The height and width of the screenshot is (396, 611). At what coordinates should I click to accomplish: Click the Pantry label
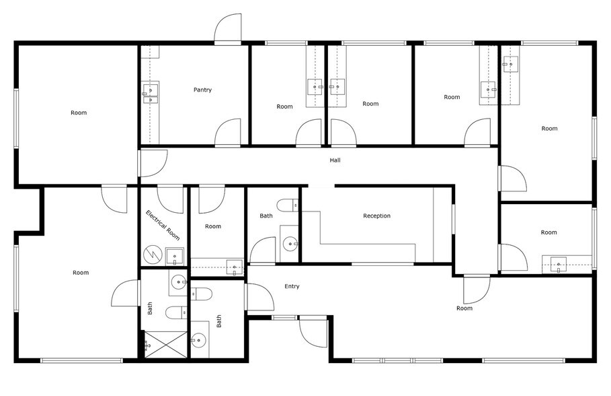202,90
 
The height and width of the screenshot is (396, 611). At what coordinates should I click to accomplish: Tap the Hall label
335,160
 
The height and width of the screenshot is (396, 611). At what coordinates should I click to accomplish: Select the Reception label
376,216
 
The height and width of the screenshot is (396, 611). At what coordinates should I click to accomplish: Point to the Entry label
292,286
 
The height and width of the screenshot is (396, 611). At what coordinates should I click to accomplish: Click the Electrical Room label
163,226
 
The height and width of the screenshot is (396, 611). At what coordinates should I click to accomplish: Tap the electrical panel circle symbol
151,255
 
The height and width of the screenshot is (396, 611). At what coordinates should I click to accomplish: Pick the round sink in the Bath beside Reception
290,242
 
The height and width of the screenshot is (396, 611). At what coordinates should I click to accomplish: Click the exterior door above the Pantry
229,30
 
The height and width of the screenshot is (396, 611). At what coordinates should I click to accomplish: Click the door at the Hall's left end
153,164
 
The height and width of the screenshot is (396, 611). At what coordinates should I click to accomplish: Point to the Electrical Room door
171,200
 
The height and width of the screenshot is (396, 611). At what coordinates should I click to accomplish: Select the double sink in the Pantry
151,94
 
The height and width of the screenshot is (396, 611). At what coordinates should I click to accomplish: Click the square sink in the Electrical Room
175,255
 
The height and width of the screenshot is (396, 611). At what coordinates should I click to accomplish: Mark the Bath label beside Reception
266,216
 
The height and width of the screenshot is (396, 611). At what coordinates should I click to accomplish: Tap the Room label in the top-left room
79,112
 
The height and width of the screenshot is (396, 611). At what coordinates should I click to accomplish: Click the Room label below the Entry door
464,308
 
